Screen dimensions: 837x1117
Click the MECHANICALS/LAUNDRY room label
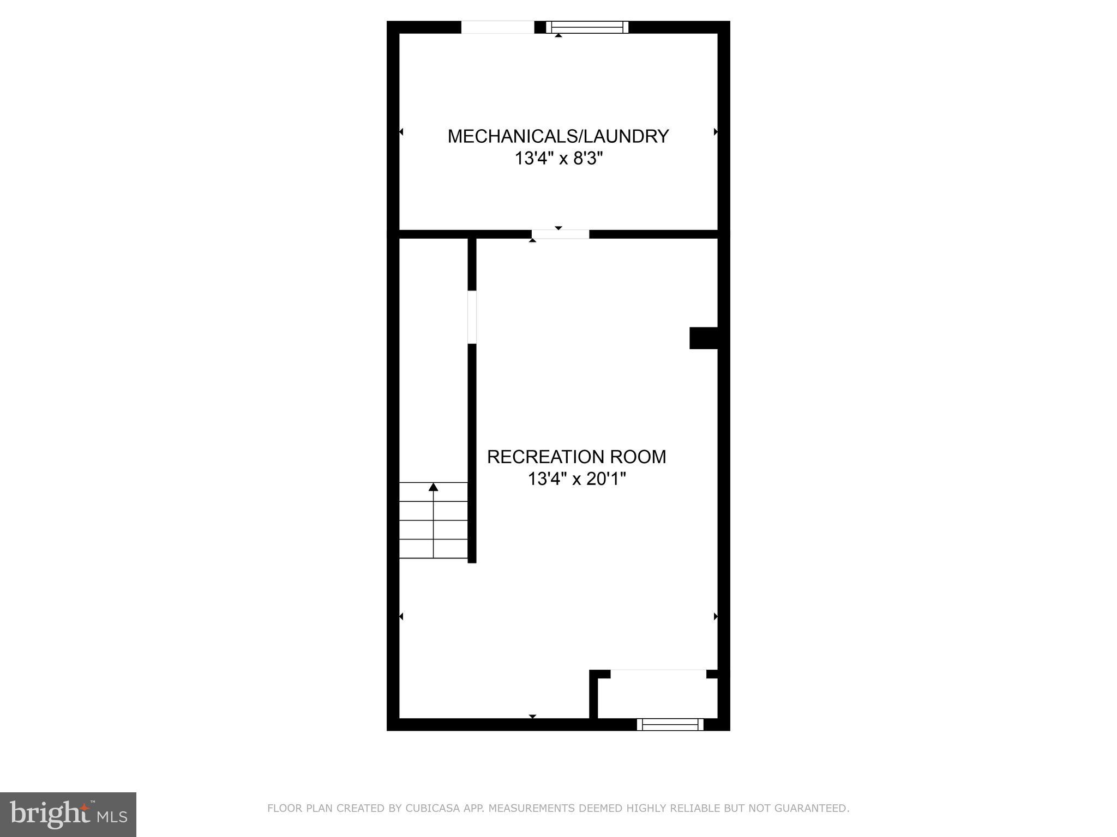[558, 136]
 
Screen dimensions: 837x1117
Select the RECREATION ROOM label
[576, 457]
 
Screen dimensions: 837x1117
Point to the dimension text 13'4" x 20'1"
[576, 480]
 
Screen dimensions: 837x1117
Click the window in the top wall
[587, 27]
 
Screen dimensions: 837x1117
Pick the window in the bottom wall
[670, 724]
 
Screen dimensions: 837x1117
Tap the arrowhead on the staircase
[434, 487]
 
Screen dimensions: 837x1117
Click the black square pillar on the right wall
[703, 338]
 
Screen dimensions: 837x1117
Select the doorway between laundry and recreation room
[560, 234]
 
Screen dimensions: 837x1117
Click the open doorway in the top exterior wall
[497, 27]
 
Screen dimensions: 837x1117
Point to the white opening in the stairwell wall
[472, 317]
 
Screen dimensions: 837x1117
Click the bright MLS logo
[68, 814]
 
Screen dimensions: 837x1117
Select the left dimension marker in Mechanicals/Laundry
[401, 132]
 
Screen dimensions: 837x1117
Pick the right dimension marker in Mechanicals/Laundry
[716, 132]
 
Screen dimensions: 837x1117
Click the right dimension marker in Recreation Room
[716, 616]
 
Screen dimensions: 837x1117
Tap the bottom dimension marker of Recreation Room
[533, 716]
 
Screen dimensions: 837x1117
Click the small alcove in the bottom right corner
[658, 697]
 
